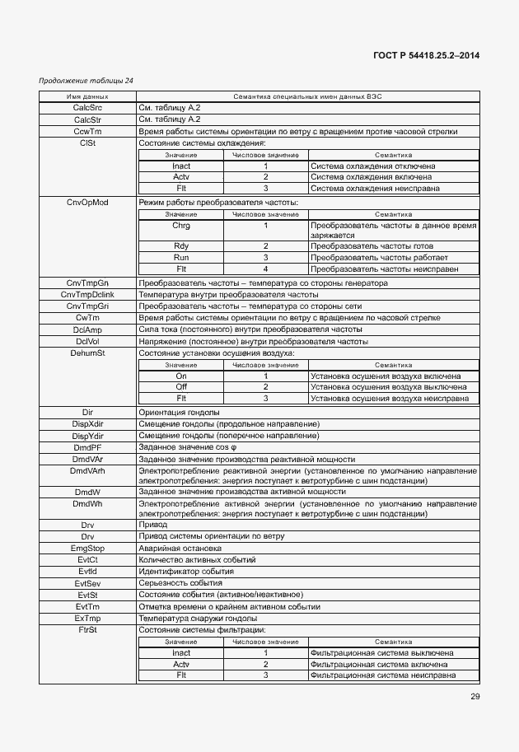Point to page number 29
[x=474, y=697]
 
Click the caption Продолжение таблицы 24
[x=86, y=81]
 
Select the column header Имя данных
[x=87, y=97]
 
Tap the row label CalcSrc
[x=87, y=108]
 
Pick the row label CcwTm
[x=87, y=131]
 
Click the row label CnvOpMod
[x=87, y=202]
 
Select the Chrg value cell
[x=181, y=225]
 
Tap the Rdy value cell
[x=181, y=246]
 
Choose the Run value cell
[x=181, y=257]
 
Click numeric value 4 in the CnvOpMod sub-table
[x=265, y=269]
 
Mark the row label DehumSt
[x=87, y=353]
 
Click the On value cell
[x=181, y=376]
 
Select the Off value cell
[x=181, y=387]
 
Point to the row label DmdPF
[x=87, y=447]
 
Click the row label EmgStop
[x=87, y=548]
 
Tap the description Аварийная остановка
[x=180, y=548]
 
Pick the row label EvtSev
[x=87, y=583]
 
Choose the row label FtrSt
[x=87, y=630]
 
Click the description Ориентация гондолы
[x=179, y=412]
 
